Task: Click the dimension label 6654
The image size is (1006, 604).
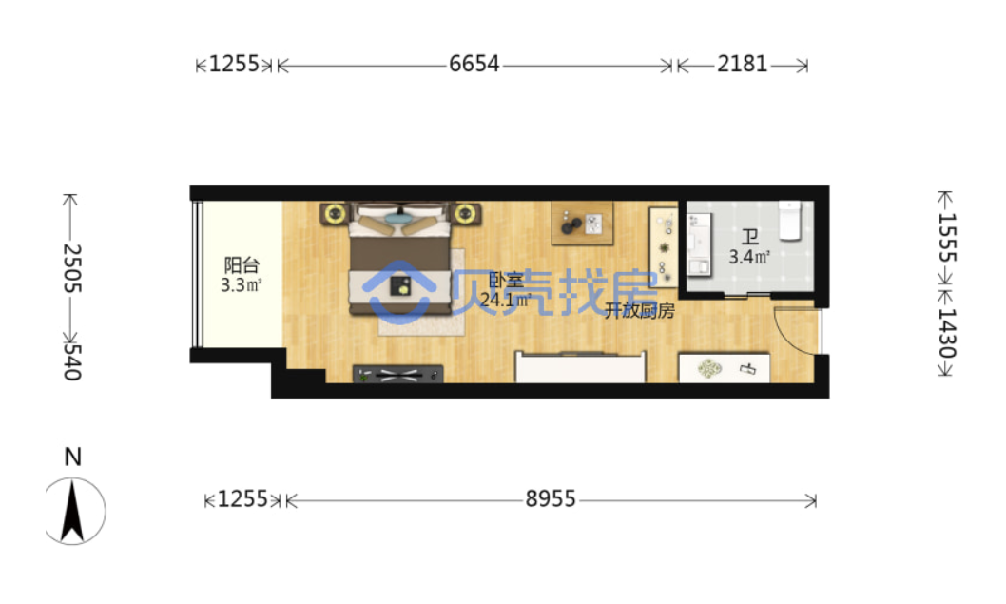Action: pyautogui.click(x=474, y=64)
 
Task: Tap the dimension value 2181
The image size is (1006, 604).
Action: pyautogui.click(x=742, y=64)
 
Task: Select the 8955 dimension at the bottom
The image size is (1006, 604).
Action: pyautogui.click(x=551, y=498)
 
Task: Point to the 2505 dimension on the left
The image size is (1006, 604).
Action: pyautogui.click(x=72, y=267)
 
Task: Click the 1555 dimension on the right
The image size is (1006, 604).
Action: pyautogui.click(x=947, y=238)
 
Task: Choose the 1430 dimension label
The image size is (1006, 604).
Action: pyautogui.click(x=947, y=333)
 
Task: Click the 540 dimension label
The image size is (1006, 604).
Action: pyautogui.click(x=72, y=362)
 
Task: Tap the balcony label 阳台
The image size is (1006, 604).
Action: pyautogui.click(x=242, y=264)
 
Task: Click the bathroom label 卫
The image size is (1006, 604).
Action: pyautogui.click(x=749, y=237)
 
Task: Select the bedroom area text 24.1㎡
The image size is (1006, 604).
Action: pyautogui.click(x=506, y=300)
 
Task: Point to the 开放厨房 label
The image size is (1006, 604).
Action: pyautogui.click(x=639, y=311)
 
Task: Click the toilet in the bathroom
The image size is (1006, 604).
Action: pyautogui.click(x=790, y=220)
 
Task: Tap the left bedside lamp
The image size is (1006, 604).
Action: pyautogui.click(x=334, y=213)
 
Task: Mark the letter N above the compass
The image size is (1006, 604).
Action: pyautogui.click(x=72, y=457)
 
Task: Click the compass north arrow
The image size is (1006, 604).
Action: pyautogui.click(x=72, y=511)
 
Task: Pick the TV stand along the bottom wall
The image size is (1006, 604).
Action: pyautogui.click(x=397, y=374)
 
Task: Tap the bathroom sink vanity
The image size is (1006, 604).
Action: pyautogui.click(x=699, y=245)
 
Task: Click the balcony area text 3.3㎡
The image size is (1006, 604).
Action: pyautogui.click(x=242, y=285)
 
